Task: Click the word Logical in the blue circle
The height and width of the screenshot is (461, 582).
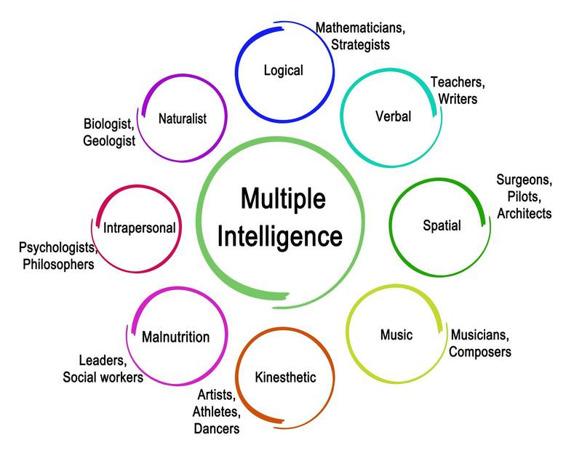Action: [283, 71]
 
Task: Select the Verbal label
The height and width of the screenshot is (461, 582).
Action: [393, 116]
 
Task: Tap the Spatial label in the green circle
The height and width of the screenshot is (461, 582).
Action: [442, 225]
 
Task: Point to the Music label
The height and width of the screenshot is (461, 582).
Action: [396, 334]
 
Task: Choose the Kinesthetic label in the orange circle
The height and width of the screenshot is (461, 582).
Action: [285, 377]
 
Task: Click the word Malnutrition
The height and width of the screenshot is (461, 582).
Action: [175, 337]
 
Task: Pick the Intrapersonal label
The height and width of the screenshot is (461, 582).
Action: [140, 228]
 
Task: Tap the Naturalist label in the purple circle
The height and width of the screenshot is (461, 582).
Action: [183, 118]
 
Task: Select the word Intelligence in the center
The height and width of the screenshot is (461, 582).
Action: [281, 236]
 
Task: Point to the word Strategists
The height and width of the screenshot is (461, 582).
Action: [360, 44]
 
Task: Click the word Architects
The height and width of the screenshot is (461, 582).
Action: [524, 213]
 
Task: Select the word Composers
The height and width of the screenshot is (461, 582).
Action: [479, 352]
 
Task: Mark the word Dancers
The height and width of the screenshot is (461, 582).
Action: [216, 428]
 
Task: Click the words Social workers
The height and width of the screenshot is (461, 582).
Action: [103, 377]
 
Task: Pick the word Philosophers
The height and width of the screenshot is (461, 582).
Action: [58, 264]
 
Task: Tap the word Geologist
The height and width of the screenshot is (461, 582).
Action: [109, 141]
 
